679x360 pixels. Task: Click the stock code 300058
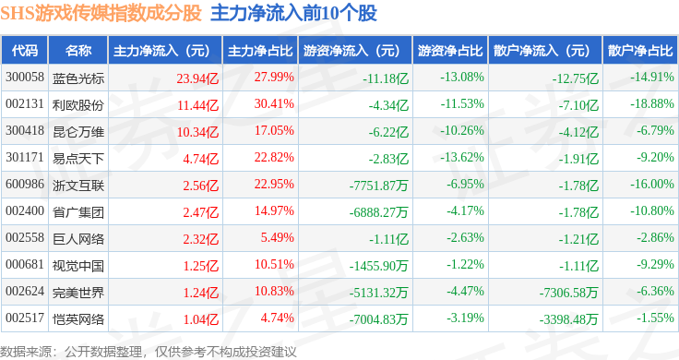(25, 78)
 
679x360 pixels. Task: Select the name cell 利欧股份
(78, 105)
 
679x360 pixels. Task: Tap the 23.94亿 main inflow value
(197, 78)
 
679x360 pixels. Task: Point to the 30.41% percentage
(274, 104)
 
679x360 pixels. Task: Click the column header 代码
(25, 50)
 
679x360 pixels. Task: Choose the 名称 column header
(78, 50)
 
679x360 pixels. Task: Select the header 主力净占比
(260, 51)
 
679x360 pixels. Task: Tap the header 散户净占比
(640, 51)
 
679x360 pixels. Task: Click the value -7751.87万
(379, 186)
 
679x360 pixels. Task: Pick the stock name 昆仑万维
(78, 132)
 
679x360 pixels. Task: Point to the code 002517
(25, 318)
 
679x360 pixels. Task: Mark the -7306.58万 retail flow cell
(568, 293)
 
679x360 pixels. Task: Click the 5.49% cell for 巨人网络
(277, 238)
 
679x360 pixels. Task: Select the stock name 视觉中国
(78, 266)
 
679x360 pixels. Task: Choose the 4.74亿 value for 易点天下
(201, 159)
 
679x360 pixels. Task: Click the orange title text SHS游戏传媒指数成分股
(101, 14)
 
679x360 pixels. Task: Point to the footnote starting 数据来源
(149, 352)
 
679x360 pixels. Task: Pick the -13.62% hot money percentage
(462, 157)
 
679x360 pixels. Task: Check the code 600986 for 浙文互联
(25, 184)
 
